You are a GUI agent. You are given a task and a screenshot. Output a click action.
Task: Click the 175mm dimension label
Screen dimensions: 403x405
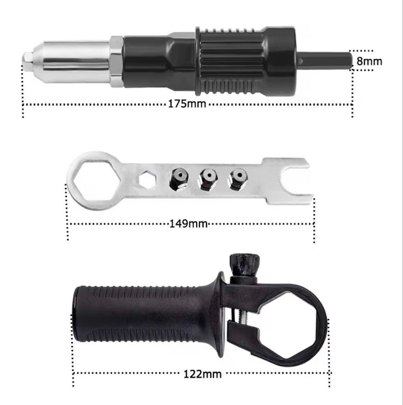coord(187,104)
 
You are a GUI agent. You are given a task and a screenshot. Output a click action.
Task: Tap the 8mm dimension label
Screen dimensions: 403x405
coord(369,61)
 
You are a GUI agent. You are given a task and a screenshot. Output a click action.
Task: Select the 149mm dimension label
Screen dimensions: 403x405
coord(189,223)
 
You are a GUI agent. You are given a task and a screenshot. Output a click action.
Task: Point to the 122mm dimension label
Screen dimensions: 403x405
coord(202,374)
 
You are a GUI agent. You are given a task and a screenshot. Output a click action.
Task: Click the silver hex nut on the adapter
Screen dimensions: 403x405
coord(116,61)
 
